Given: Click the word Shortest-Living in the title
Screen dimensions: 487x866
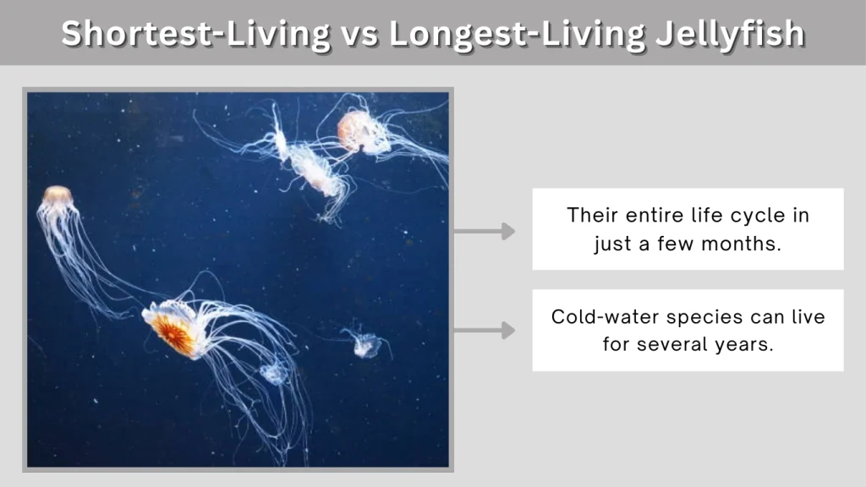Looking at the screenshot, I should pos(195,33).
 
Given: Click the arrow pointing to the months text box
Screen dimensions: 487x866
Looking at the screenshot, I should pos(485,231).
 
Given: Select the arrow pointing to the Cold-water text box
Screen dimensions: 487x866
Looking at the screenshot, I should pos(485,331).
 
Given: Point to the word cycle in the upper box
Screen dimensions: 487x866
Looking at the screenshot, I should pos(754,215).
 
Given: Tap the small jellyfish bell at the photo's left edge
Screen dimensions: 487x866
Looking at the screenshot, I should pos(57,196).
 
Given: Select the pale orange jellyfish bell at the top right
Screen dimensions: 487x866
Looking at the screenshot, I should pos(354,132).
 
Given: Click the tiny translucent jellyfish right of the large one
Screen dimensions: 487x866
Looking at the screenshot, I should pos(366,343).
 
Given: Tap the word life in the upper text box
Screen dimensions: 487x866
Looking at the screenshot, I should pos(708,215).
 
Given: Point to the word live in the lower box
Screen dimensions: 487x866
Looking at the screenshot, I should pos(806,317).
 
